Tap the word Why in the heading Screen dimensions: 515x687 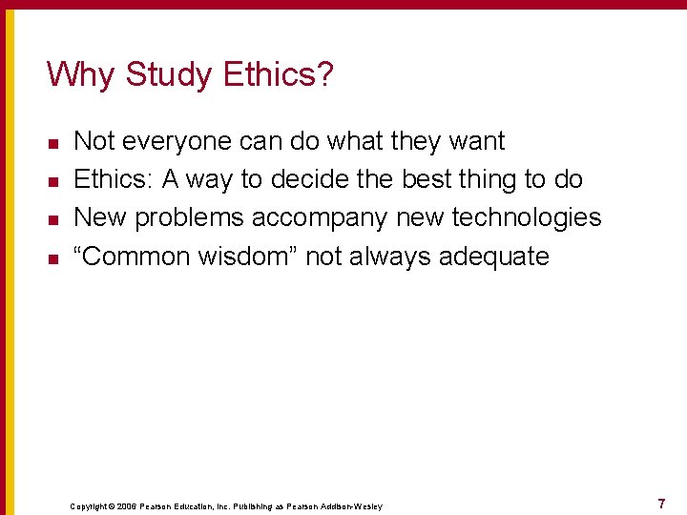point(81,74)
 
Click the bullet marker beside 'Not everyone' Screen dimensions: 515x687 point(53,143)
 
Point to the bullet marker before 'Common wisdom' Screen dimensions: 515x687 point(53,257)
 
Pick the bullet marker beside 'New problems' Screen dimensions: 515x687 point(53,219)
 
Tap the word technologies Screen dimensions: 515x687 point(527,217)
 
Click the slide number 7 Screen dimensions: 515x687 point(661,503)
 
